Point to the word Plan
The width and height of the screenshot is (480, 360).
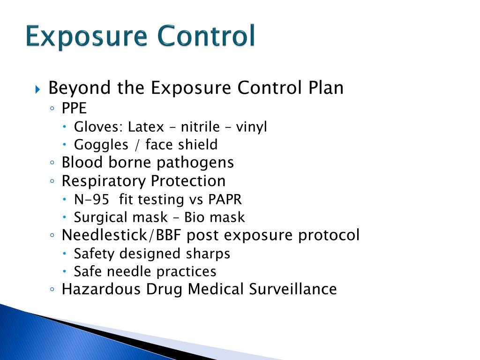tap(325, 88)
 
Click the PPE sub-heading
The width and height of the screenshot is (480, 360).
tap(74, 108)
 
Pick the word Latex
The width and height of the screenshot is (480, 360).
tap(146, 127)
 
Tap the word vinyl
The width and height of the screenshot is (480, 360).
tap(251, 127)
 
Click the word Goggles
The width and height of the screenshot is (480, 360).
tap(100, 145)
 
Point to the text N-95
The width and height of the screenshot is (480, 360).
tap(92, 199)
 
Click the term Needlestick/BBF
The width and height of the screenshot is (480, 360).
tap(121, 235)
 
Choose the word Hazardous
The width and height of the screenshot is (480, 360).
tap(101, 289)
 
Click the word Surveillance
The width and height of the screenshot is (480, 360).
tap(292, 289)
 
